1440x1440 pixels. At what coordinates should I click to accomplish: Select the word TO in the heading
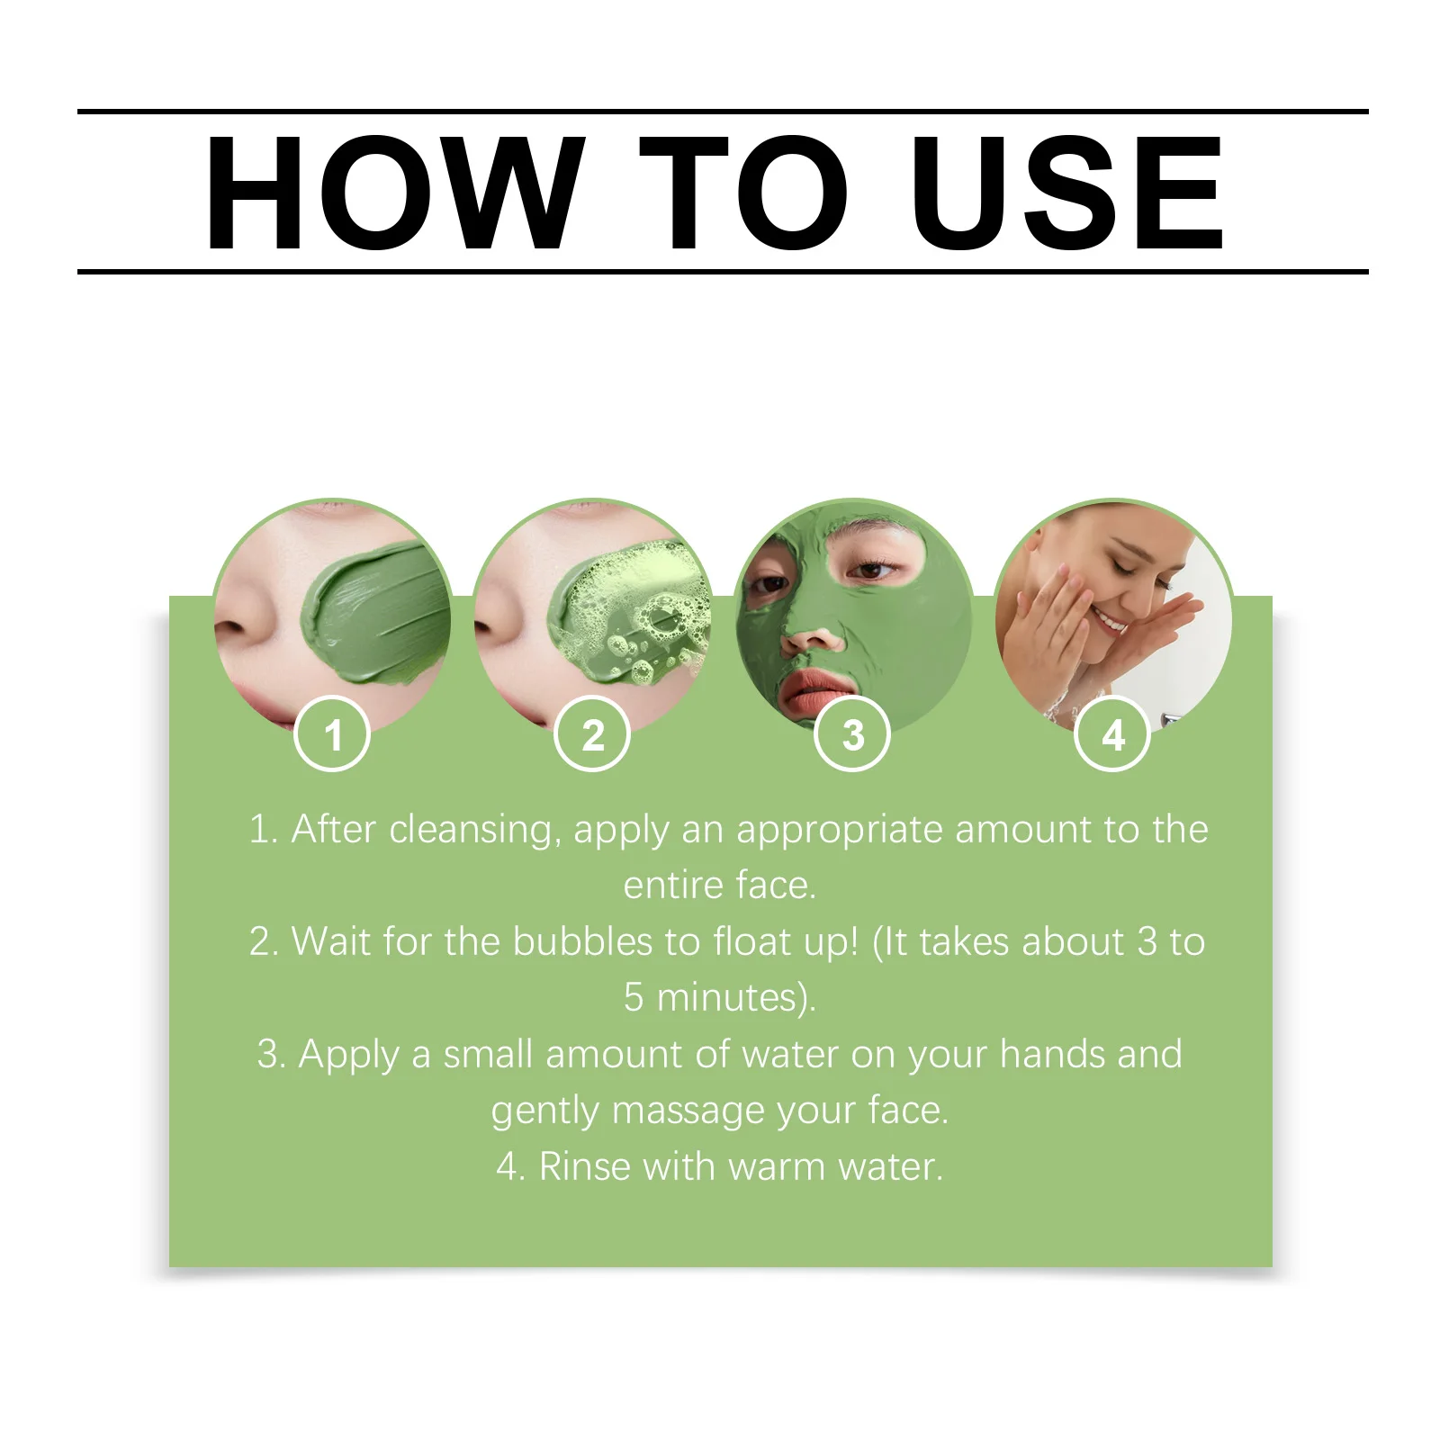click(743, 193)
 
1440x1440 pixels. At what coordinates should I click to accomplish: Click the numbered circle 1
click(332, 734)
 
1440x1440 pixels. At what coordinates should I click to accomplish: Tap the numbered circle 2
click(592, 734)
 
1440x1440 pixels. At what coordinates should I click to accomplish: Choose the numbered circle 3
click(852, 734)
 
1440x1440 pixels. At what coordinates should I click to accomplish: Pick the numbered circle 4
click(1112, 734)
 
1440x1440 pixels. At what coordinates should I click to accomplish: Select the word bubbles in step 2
click(582, 942)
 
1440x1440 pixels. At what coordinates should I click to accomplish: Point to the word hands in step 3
click(1052, 1054)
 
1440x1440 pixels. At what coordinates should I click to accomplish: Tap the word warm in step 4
click(777, 1167)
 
